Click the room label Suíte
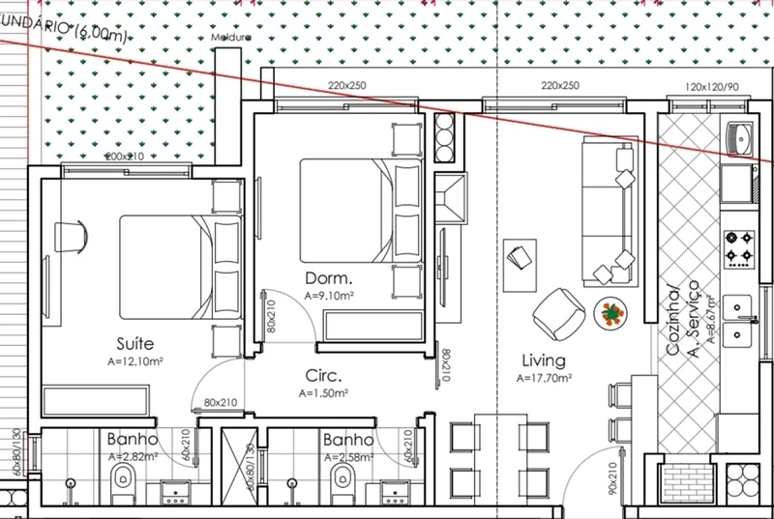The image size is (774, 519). (x=134, y=344)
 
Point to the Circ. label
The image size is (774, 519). (x=323, y=376)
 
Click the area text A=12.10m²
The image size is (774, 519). (x=134, y=362)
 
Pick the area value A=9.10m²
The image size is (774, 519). (x=329, y=296)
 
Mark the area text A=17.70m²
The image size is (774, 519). (x=544, y=378)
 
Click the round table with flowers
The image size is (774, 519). (x=610, y=311)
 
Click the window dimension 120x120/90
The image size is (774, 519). (x=713, y=86)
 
